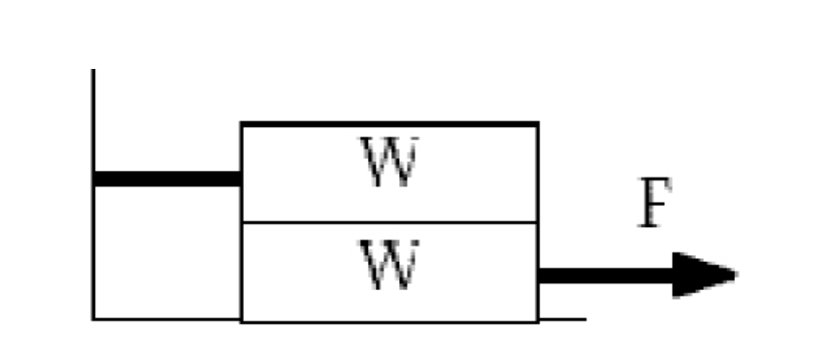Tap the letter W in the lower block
[388, 264]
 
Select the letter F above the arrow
[655, 204]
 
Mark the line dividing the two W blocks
[388, 222]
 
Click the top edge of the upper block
[388, 123]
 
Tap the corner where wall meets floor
[93, 318]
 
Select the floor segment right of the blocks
[562, 318]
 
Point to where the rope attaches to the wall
[94, 179]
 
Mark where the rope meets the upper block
[241, 179]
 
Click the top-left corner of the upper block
[241, 123]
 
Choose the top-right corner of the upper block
[538, 123]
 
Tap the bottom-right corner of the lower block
[538, 320]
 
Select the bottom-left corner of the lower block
[241, 320]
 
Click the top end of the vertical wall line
[93, 71]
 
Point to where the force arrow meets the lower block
[539, 276]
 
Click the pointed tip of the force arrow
[736, 276]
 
